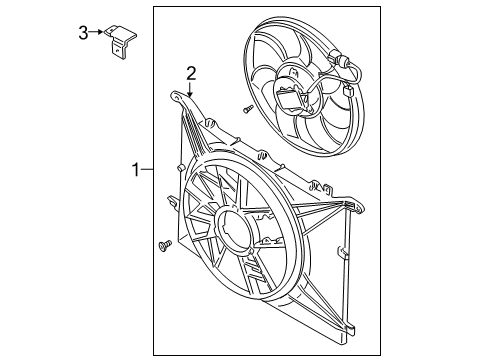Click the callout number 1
click(136, 171)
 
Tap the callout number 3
click(85, 34)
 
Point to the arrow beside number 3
click(99, 33)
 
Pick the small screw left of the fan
click(245, 108)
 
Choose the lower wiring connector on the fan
click(348, 93)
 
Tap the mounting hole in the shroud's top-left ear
click(178, 96)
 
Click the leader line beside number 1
click(148, 171)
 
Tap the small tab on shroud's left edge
click(174, 205)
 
